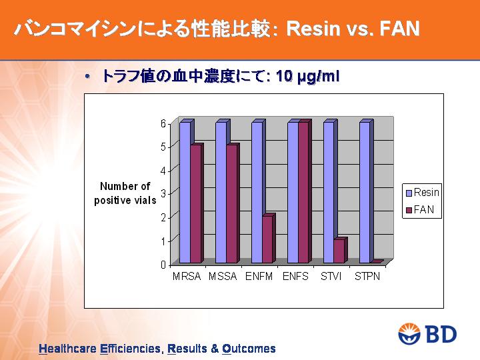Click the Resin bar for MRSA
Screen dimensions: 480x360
click(185, 193)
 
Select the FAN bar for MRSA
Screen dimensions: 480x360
click(195, 204)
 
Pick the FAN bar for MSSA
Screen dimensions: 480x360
click(232, 204)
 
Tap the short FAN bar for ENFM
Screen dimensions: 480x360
click(267, 239)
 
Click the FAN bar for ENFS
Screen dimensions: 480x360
click(304, 193)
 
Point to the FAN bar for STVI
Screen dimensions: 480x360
click(339, 251)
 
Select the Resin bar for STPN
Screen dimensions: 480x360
click(365, 193)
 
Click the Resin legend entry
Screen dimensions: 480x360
click(422, 193)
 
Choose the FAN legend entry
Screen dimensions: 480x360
click(420, 210)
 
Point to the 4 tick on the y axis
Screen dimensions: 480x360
click(163, 170)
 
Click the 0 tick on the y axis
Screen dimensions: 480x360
click(163, 265)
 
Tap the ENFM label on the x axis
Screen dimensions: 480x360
click(259, 277)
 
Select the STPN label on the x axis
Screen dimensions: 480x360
click(367, 277)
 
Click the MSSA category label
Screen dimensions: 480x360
click(223, 277)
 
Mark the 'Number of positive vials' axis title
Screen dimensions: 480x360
click(125, 193)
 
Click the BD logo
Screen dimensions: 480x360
click(427, 333)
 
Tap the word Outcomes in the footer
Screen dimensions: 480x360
click(249, 349)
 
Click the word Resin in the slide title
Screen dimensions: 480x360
click(313, 29)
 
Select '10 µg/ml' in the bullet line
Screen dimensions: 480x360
click(307, 76)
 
